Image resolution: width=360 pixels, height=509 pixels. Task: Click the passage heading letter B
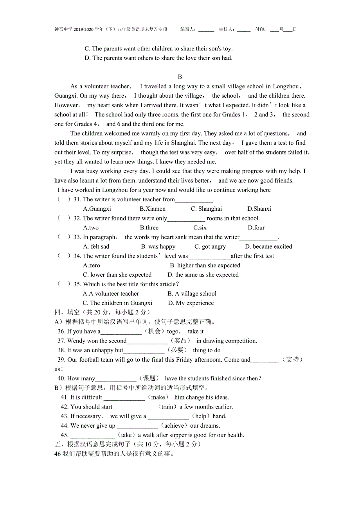click(x=180, y=77)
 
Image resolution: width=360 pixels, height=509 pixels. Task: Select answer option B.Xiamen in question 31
click(x=152, y=209)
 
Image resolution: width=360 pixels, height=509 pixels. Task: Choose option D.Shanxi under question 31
click(x=259, y=209)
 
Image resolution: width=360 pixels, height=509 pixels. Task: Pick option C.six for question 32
click(x=200, y=228)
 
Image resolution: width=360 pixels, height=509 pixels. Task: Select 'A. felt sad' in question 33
click(x=96, y=246)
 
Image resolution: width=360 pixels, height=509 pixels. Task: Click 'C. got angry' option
click(x=210, y=246)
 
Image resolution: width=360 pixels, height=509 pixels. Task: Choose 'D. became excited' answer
click(x=268, y=246)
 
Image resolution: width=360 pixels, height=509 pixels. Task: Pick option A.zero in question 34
click(x=92, y=265)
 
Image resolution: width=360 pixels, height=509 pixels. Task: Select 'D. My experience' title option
click(x=191, y=303)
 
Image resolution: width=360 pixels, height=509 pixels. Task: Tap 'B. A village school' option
click(x=192, y=294)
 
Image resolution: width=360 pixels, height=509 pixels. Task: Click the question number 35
click(x=77, y=284)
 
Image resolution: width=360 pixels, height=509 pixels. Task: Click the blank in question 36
click(x=121, y=332)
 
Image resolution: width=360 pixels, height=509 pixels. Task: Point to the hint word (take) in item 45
click(x=126, y=435)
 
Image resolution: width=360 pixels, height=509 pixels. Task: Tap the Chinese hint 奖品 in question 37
click(x=181, y=341)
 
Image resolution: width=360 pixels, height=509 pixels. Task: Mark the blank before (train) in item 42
click(x=134, y=407)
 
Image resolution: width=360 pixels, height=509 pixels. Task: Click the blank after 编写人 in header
click(x=206, y=30)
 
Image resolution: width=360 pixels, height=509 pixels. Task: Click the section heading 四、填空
click(x=67, y=312)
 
